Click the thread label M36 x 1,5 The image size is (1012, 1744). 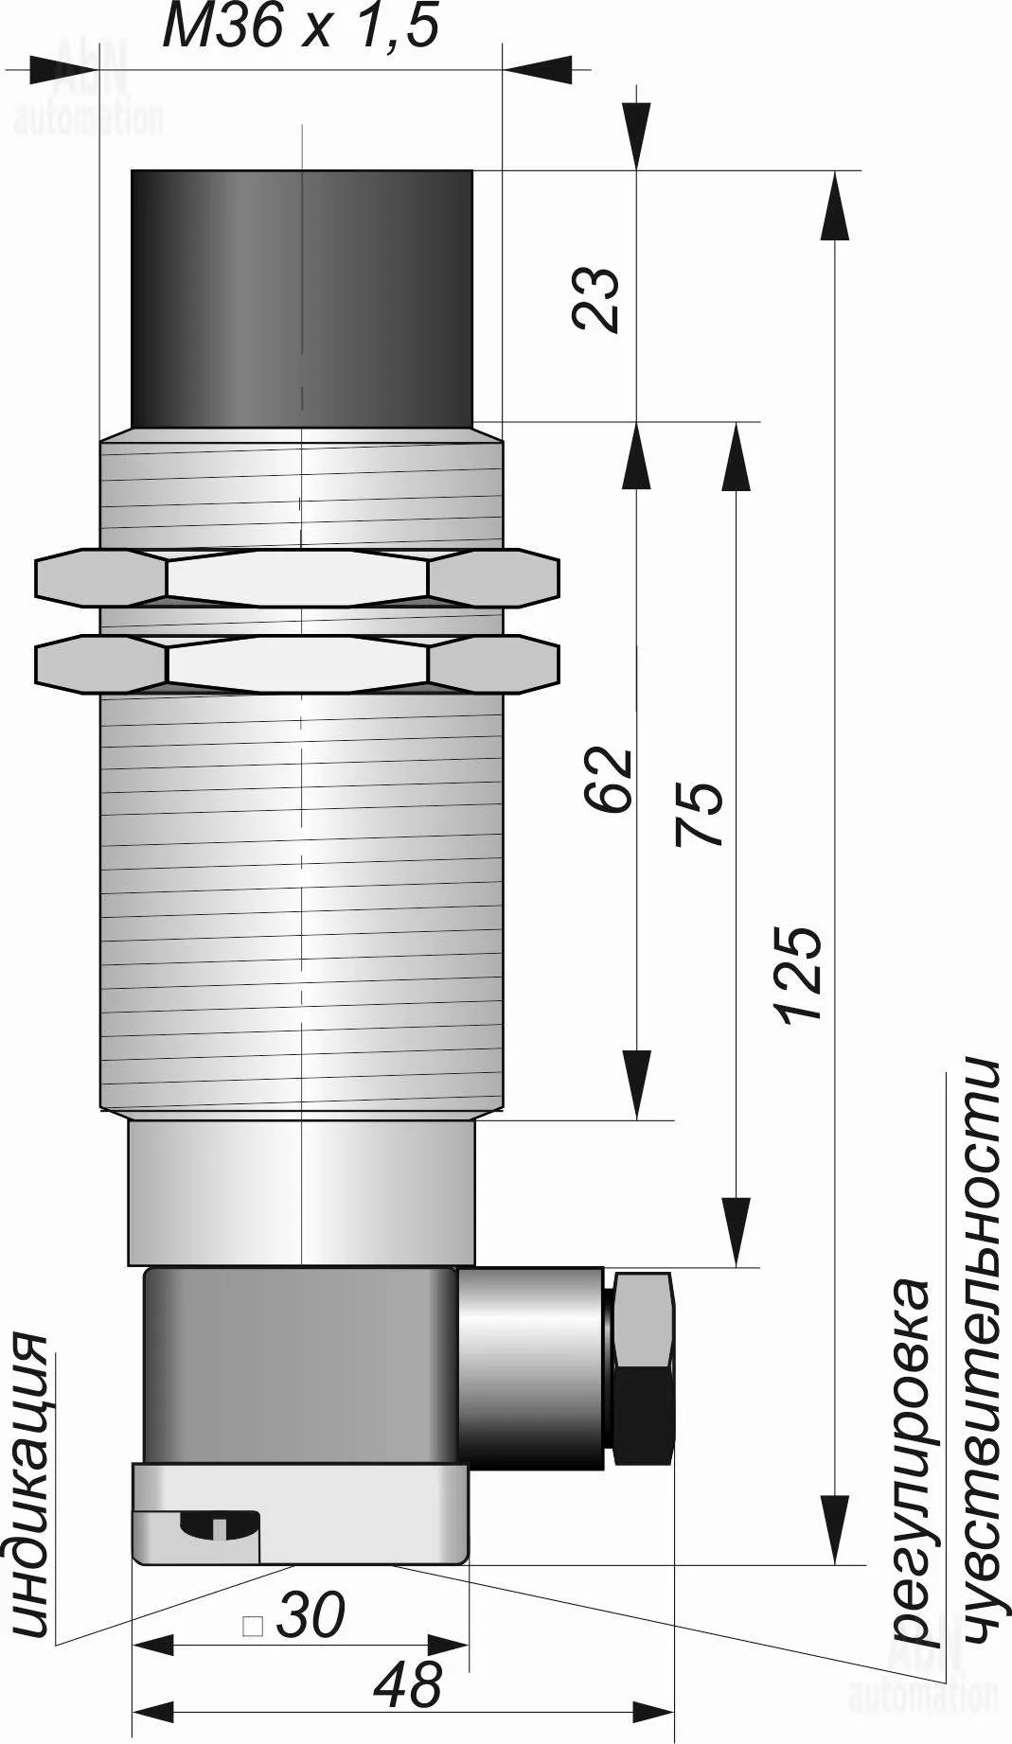click(301, 26)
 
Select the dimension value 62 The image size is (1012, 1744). click(608, 779)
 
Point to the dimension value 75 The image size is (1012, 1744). click(699, 814)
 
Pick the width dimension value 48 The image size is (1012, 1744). click(408, 1685)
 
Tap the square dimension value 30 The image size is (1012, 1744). click(311, 1615)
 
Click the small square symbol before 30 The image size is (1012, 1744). click(253, 1627)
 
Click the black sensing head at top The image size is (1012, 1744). click(302, 299)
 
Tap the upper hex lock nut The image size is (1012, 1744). click(297, 577)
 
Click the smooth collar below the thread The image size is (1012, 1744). click(302, 1192)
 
